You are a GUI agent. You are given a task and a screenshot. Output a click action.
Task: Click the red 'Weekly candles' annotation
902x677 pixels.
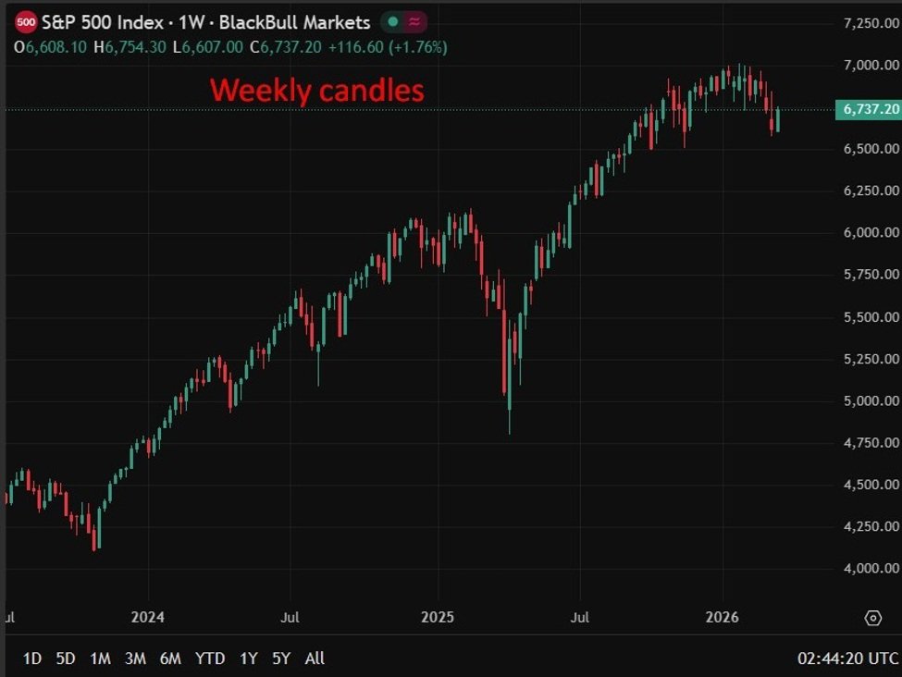point(317,91)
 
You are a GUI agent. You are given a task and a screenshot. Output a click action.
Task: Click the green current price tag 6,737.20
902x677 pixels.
point(868,110)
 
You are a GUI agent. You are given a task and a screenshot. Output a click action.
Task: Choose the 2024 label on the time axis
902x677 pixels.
point(147,617)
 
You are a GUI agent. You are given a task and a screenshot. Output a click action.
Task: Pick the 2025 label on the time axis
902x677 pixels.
point(437,617)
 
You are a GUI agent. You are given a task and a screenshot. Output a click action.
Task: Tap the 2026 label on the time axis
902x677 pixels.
point(723,617)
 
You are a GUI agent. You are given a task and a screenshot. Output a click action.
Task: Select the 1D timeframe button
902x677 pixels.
point(31,659)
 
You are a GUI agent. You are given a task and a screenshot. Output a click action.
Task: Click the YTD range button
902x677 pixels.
point(210,659)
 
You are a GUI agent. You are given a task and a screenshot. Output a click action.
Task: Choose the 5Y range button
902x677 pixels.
point(281,659)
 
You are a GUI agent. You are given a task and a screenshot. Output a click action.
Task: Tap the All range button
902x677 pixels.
point(315,659)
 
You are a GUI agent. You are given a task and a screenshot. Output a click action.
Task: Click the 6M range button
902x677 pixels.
point(170,659)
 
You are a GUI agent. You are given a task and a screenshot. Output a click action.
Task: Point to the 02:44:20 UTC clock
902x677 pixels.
point(847,659)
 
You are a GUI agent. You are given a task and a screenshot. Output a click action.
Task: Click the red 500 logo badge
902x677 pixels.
point(27,22)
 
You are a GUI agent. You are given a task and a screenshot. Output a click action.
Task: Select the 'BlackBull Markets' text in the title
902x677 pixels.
point(295,22)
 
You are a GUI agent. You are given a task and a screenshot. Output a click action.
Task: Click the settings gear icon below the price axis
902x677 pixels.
point(872,618)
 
